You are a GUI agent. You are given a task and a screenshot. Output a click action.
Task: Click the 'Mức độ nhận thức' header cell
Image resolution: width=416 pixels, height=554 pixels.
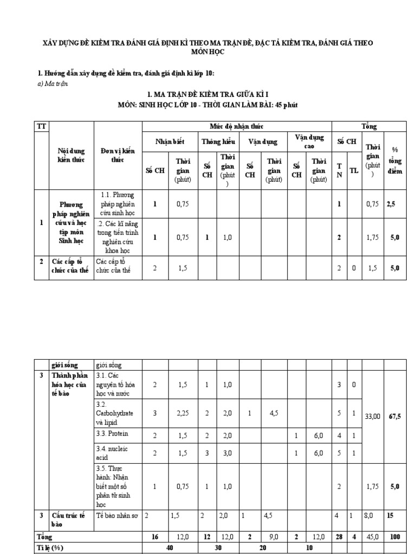(x=236, y=126)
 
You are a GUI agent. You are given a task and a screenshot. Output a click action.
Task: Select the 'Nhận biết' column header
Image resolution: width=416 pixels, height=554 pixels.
(x=170, y=141)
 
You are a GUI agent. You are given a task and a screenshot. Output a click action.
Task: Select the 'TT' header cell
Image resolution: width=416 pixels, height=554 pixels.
(x=41, y=126)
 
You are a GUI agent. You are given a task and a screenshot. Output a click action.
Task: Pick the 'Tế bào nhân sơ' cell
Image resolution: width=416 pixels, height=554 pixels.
(x=117, y=516)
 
